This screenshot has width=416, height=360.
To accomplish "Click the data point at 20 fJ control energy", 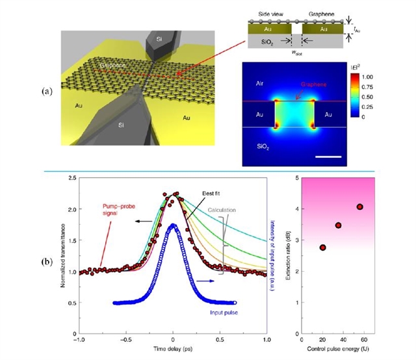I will (x=323, y=248).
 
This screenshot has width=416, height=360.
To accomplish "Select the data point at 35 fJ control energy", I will (x=338, y=225).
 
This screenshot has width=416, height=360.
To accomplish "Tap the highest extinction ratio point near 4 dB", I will (x=359, y=207).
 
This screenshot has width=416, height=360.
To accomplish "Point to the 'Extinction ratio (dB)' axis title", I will (x=287, y=253).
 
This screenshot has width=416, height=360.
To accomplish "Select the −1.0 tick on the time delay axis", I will (x=79, y=339).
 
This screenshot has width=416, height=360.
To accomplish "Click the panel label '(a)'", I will (x=46, y=91).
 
